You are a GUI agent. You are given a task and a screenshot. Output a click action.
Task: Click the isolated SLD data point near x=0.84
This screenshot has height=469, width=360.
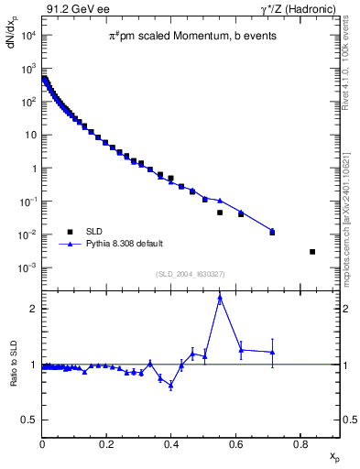point(312,252)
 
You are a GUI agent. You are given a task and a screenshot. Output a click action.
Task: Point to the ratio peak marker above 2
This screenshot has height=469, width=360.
point(220,297)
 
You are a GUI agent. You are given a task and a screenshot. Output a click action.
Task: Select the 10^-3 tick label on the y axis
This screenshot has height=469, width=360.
point(28,267)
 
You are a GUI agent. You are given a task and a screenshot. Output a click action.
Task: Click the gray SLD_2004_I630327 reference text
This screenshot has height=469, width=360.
point(191,274)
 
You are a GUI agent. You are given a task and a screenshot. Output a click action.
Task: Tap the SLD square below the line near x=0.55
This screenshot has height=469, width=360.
point(220,213)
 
